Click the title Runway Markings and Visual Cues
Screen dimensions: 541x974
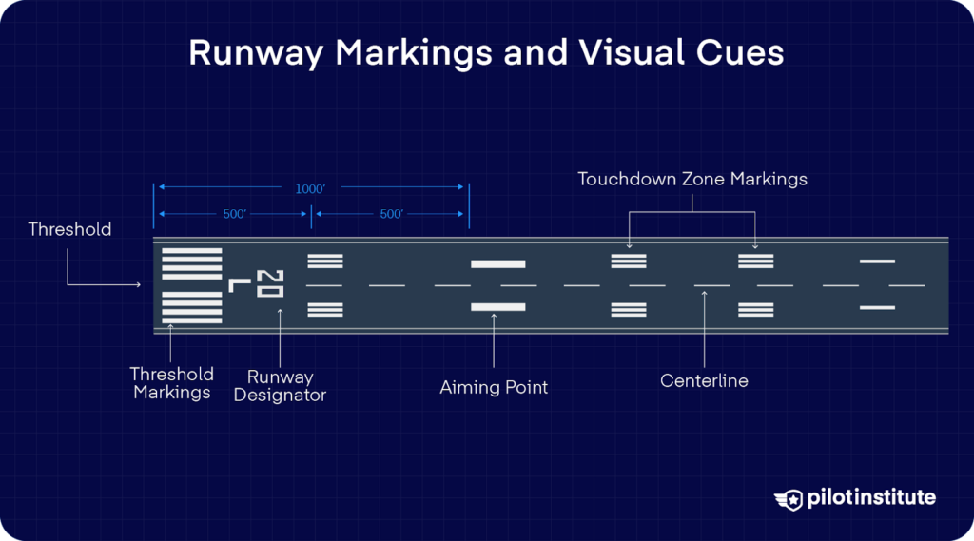point(486,52)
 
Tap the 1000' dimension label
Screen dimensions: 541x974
point(310,189)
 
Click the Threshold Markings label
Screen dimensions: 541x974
point(171,382)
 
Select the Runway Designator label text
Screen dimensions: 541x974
point(280,386)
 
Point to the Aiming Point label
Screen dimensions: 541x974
point(494,388)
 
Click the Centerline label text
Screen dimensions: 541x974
point(704,381)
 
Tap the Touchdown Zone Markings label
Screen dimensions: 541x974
point(692,179)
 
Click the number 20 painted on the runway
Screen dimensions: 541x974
point(270,283)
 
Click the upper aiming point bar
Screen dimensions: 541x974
point(498,263)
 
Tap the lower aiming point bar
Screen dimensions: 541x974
point(498,307)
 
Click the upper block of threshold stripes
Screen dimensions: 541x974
point(192,263)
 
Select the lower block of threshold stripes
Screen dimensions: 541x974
point(192,307)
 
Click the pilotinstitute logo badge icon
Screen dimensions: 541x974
point(789,499)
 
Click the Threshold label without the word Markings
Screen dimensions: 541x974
point(69,229)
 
